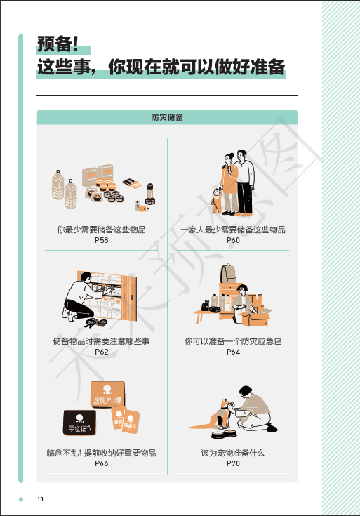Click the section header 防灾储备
coord(167,117)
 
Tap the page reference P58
coord(101,240)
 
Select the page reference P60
coord(233,240)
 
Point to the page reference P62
coord(101,352)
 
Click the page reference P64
coord(233,352)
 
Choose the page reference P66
coord(101,463)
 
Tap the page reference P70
coord(233,463)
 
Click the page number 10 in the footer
coord(40,499)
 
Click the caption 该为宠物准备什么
coord(233,453)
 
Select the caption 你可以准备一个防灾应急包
coord(233,341)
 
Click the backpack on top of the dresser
coord(228,274)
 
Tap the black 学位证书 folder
coord(79,422)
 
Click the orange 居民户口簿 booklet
coord(107,395)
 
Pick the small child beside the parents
coord(217,200)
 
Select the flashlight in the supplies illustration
coord(150,194)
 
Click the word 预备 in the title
coord(55,44)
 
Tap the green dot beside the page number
coord(21,499)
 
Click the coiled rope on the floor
coord(96,323)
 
